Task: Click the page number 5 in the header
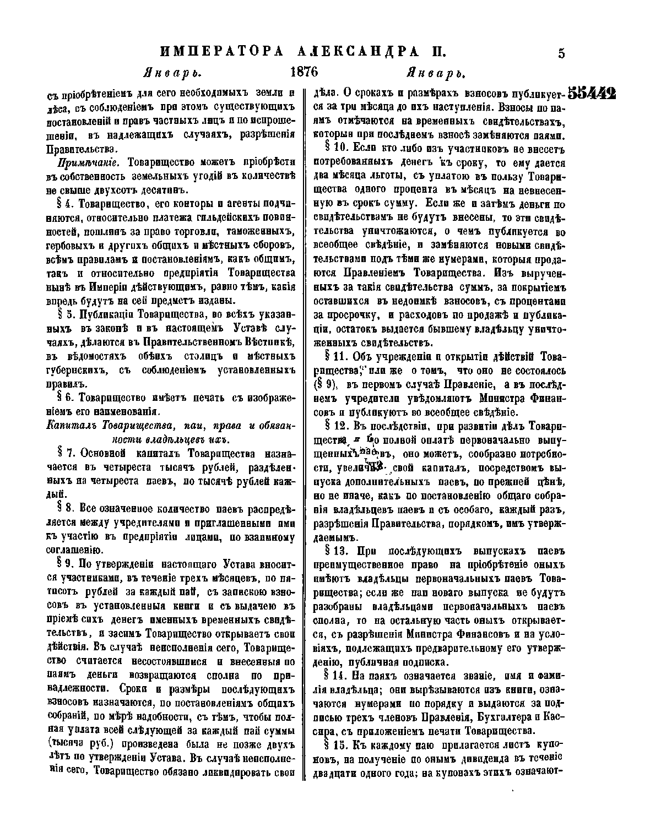[561, 53]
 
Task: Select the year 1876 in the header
[304, 73]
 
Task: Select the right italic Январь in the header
[436, 73]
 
